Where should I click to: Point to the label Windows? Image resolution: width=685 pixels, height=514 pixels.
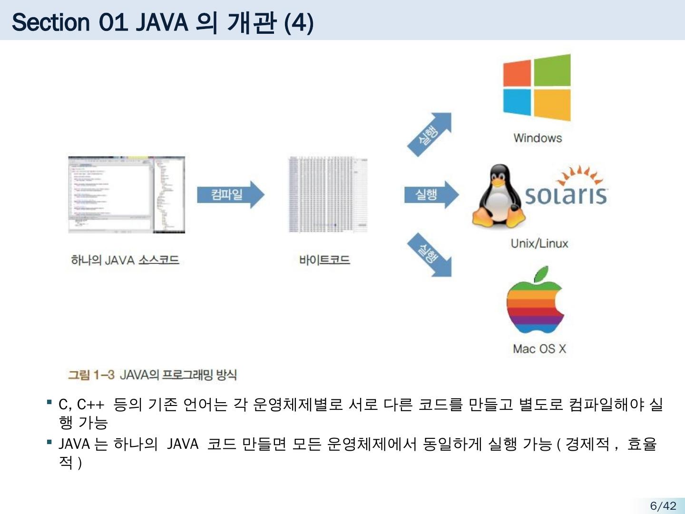coord(538,138)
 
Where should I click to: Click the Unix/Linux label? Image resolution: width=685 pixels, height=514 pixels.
coord(539,244)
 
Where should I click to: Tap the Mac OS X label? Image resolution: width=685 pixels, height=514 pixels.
coord(539,349)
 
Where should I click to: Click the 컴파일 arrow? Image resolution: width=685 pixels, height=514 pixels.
coord(230,194)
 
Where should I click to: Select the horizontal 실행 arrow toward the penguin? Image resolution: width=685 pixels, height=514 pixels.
coord(431,194)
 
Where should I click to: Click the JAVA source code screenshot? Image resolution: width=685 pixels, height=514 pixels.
coord(126,194)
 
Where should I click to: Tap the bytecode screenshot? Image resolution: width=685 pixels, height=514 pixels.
coord(328,194)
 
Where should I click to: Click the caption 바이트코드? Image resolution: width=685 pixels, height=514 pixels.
coord(324,260)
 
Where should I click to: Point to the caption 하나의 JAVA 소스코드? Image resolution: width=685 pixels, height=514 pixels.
coord(125,260)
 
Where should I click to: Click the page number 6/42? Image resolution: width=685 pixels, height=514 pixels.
coord(663,505)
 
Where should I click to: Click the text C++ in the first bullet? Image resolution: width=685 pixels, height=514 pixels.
coord(90,405)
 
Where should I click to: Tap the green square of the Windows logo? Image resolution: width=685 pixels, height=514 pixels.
coord(552,70)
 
